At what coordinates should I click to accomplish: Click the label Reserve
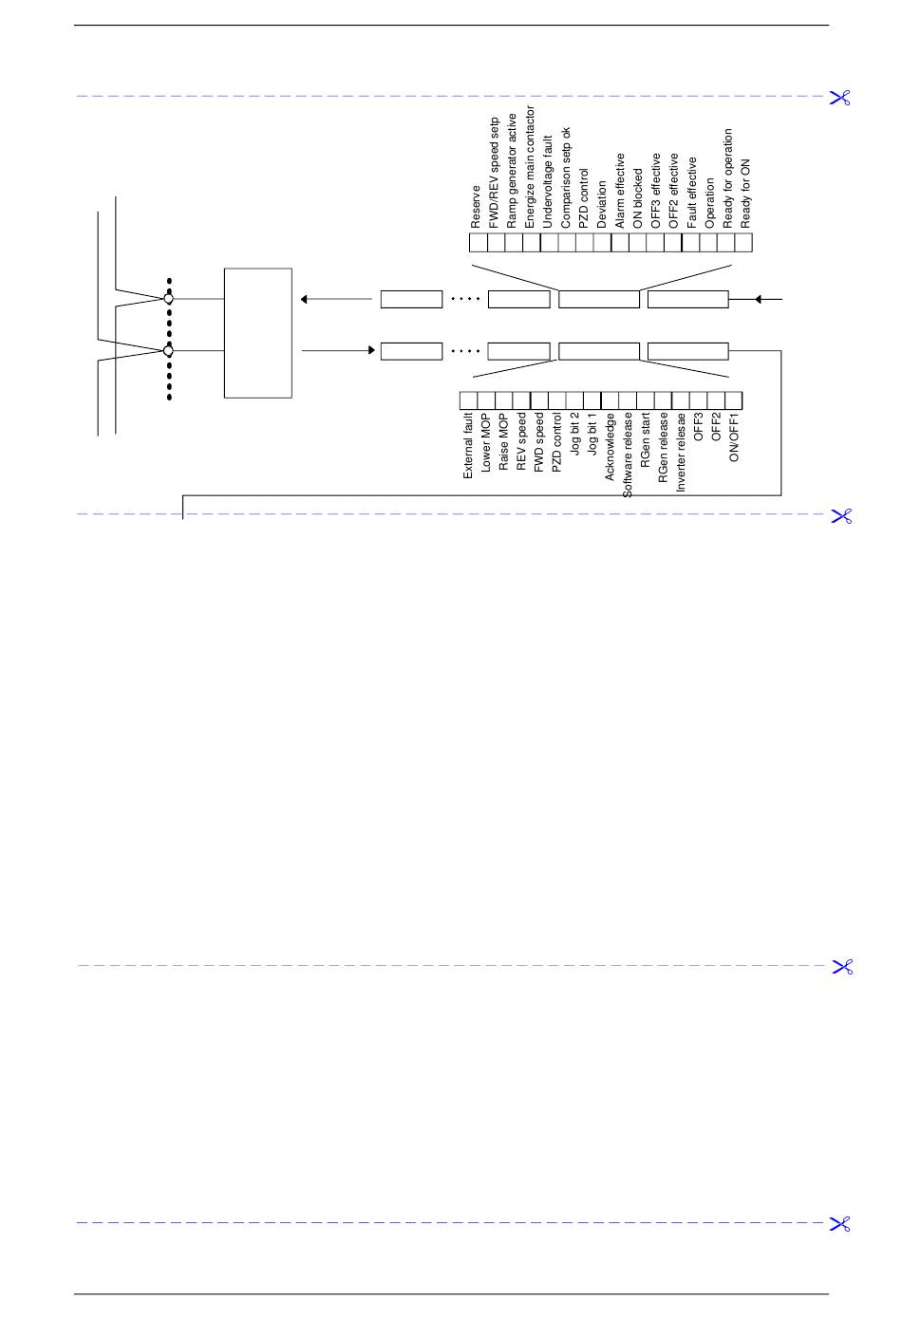(476, 206)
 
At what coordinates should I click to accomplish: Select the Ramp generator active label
(512, 170)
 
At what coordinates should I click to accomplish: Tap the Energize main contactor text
(530, 167)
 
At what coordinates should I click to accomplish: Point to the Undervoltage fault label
(548, 182)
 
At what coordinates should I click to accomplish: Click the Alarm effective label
(620, 191)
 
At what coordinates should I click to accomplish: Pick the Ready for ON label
(745, 193)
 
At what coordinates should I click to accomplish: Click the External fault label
(468, 444)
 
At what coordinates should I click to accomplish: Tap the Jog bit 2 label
(574, 434)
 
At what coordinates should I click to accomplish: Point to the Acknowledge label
(610, 445)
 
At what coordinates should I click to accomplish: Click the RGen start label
(646, 436)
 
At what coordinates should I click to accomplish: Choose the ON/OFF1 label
(734, 436)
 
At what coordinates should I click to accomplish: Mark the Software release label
(628, 455)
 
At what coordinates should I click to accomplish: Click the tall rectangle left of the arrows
(257, 333)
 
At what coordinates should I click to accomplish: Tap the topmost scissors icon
(840, 97)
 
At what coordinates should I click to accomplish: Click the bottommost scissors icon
(840, 1224)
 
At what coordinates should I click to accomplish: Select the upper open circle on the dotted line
(169, 299)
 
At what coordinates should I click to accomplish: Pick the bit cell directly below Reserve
(479, 243)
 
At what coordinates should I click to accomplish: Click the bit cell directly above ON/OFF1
(733, 400)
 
